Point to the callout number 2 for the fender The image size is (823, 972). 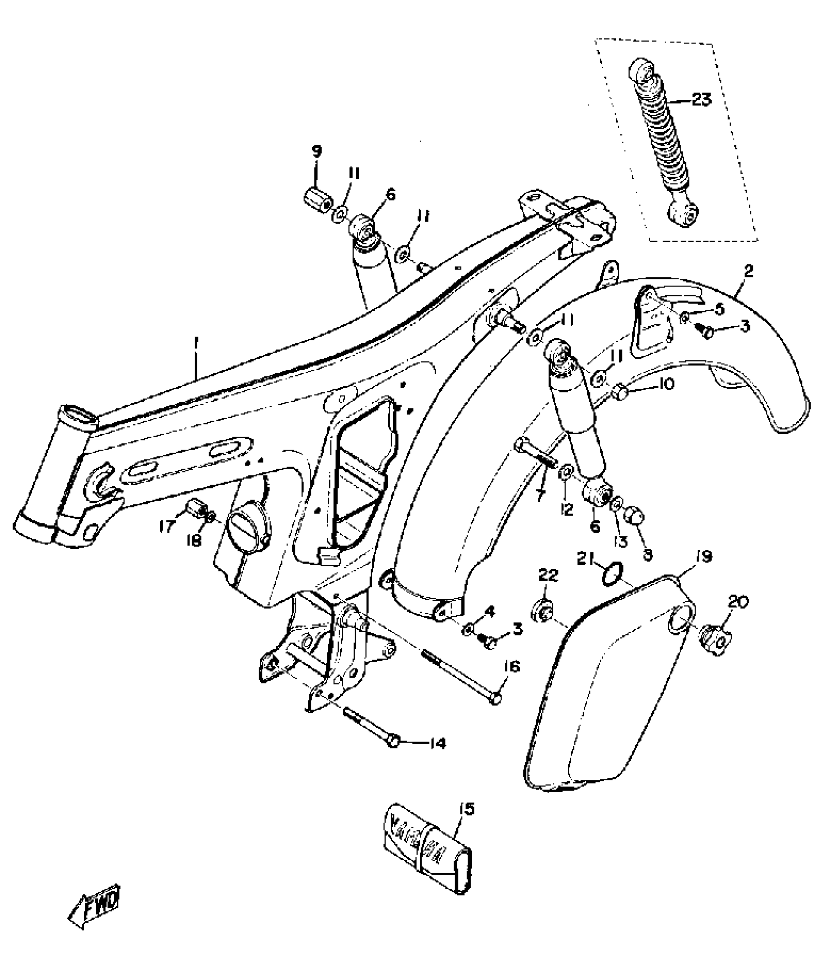coord(748,271)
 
